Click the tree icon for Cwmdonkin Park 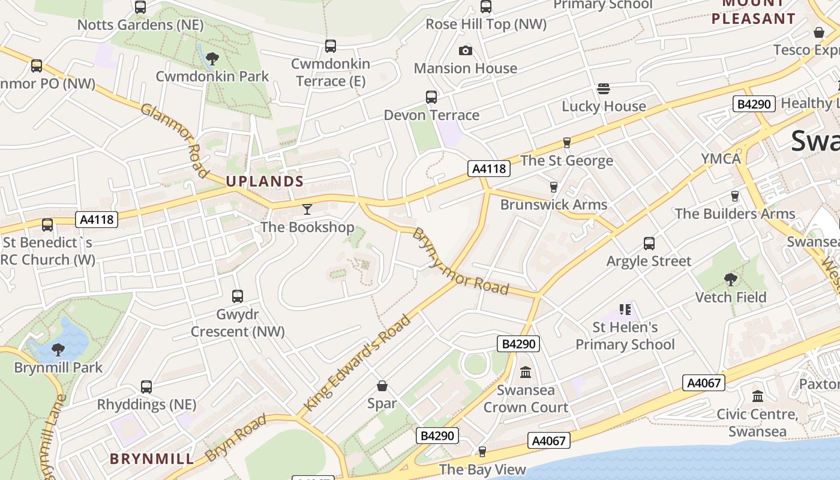coord(211,59)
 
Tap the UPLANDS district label coord(265,181)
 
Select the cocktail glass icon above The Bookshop coord(307,209)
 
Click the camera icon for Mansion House coord(465,51)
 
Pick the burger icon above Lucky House coord(604,89)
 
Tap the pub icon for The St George coord(566,143)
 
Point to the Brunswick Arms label coord(554,205)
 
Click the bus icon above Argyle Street coord(649,244)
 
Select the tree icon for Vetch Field coord(730,280)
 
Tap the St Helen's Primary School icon coord(625,310)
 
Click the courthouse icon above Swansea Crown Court coord(526,373)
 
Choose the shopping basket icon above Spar coord(382,386)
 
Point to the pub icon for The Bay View coord(482,452)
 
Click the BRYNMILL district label coord(152,460)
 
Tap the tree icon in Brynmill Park coord(58,350)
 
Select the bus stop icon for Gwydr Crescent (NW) coord(238,296)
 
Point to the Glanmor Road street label coord(175,140)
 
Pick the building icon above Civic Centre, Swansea coord(757,397)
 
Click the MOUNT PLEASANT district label coord(753,12)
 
